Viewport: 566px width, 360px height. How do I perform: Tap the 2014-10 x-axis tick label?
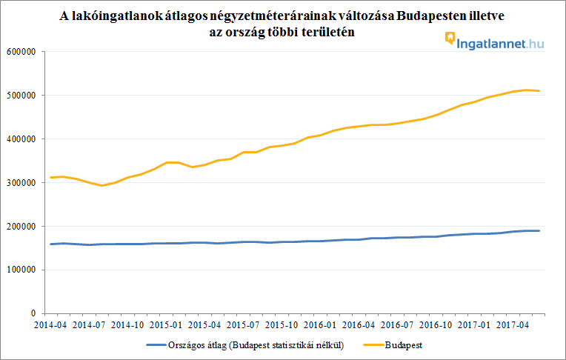[x=130, y=324]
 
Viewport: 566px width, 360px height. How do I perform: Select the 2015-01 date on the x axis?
[x=167, y=324]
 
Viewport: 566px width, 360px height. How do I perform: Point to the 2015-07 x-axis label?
[x=244, y=324]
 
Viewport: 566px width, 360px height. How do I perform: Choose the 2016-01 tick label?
[x=320, y=324]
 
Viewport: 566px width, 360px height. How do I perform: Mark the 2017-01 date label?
[x=473, y=324]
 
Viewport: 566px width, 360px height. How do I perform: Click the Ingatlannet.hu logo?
[x=495, y=42]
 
